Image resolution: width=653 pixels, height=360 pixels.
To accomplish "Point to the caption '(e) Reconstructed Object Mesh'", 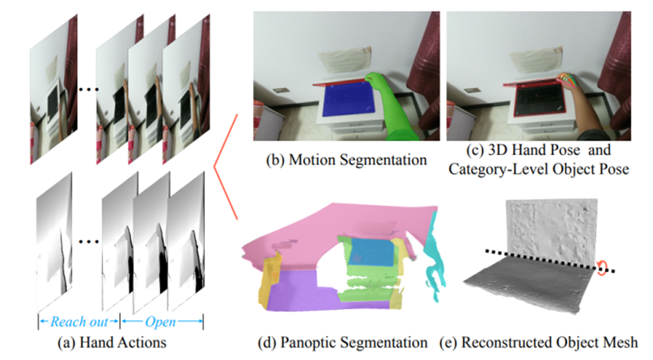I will point(548,343).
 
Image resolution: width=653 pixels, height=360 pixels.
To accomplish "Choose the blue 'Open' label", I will point(162,322).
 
